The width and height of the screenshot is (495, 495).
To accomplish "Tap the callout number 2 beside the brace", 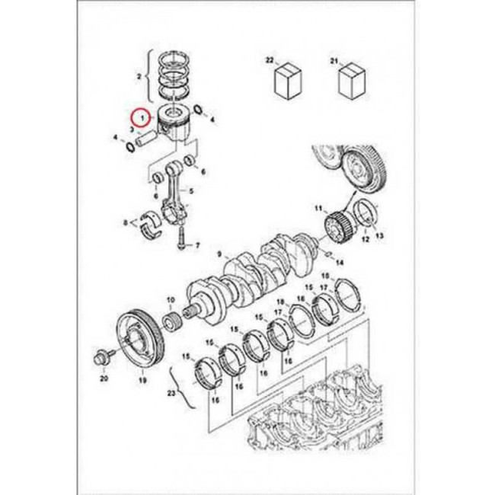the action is coord(139,76).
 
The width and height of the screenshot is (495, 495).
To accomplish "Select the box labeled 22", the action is coord(288,81).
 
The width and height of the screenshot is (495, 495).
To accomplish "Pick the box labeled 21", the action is coord(352,81).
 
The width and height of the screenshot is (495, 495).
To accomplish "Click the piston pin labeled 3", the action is coord(146,139).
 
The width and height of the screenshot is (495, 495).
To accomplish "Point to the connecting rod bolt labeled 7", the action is coord(181,237).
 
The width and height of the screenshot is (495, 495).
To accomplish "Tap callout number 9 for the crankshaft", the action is coord(220,254).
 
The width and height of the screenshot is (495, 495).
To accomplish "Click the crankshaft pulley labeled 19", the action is coord(141,342).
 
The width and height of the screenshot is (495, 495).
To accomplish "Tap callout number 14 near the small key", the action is coord(340,262).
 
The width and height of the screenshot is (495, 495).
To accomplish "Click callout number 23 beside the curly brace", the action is coord(171,394).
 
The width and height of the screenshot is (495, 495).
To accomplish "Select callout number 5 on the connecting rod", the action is coord(191,191).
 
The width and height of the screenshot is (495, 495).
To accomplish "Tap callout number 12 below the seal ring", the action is coord(366,240).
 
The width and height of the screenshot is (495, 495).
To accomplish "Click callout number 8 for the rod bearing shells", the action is coord(126,223).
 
